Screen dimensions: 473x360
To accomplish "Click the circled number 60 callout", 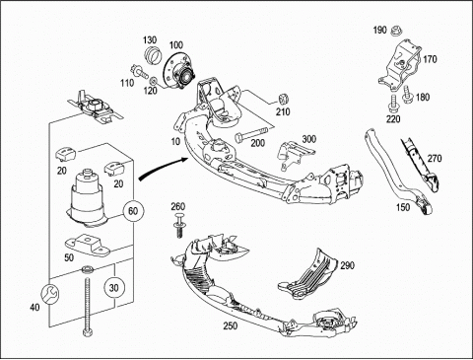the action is pyautogui.click(x=133, y=211).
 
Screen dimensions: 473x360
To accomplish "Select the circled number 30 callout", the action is pyautogui.click(x=113, y=288).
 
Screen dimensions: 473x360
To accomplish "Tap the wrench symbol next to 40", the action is pyautogui.click(x=50, y=293).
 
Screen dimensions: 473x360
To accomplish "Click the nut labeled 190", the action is pyautogui.click(x=396, y=32).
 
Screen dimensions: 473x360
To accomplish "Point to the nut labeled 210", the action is pyautogui.click(x=284, y=99).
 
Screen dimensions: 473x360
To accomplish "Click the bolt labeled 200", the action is pyautogui.click(x=250, y=135).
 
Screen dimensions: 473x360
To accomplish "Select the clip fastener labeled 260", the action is pyautogui.click(x=179, y=225).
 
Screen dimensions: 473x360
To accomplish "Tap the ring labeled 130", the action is pyautogui.click(x=153, y=55).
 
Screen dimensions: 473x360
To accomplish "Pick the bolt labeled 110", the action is pyautogui.click(x=140, y=71).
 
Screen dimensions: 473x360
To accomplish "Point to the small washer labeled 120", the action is pyautogui.click(x=153, y=81).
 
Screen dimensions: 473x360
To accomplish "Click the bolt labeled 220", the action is pyautogui.click(x=392, y=104).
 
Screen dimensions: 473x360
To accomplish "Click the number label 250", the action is pyautogui.click(x=231, y=325).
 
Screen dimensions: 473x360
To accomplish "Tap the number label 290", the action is pyautogui.click(x=347, y=265).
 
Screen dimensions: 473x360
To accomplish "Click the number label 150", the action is pyautogui.click(x=403, y=207).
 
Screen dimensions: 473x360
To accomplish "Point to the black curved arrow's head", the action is pyautogui.click(x=183, y=160).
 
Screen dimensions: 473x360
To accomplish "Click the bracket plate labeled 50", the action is pyautogui.click(x=87, y=245).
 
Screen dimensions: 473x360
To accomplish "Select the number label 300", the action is pyautogui.click(x=309, y=139).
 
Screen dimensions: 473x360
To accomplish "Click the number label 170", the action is pyautogui.click(x=430, y=59).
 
